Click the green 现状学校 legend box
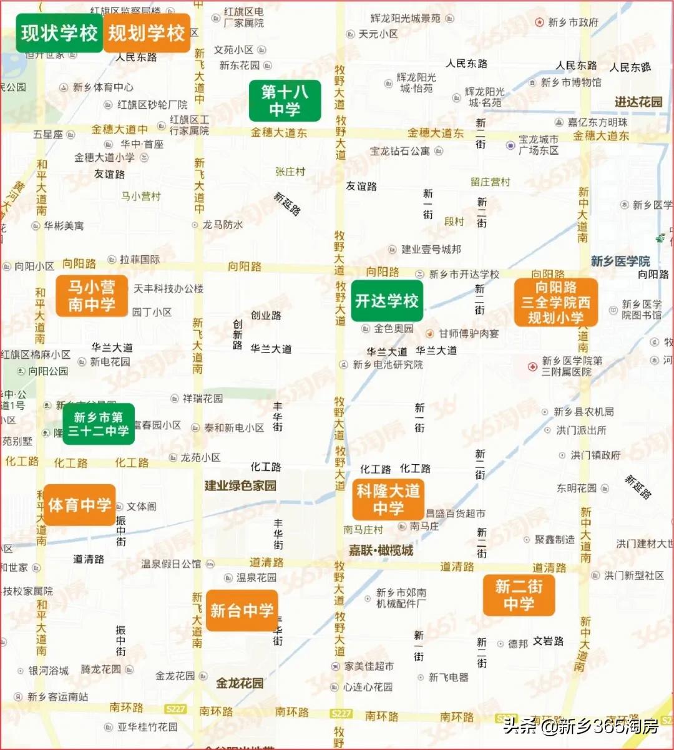[x=59, y=32]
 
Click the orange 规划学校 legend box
[x=147, y=32]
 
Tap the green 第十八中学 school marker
[x=285, y=100]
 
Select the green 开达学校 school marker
[x=387, y=301]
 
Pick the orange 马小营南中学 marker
[x=92, y=296]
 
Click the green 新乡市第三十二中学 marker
[x=99, y=424]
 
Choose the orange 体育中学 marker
[x=80, y=504]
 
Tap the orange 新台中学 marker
[x=242, y=610]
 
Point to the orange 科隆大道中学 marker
[x=388, y=499]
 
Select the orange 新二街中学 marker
[x=519, y=595]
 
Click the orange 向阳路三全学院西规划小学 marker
[x=555, y=302]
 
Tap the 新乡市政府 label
[x=572, y=22]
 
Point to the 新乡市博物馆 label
[x=570, y=82]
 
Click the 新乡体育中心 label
[x=102, y=87]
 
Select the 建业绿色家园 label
[x=240, y=485]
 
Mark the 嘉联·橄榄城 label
[x=381, y=550]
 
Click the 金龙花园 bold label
[x=240, y=683]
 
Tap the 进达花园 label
[x=638, y=102]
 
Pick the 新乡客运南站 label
[x=57, y=696]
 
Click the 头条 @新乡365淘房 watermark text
[x=580, y=726]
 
